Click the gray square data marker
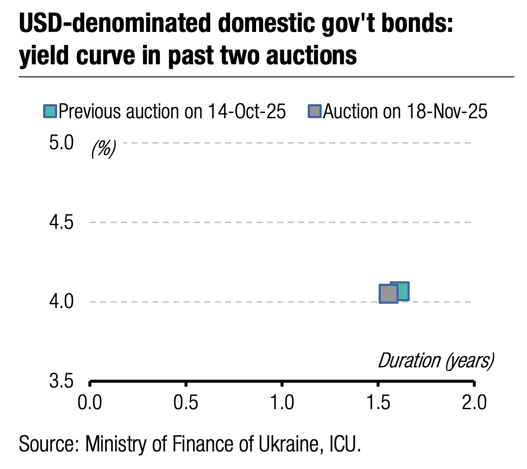point(388,294)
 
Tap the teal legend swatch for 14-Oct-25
point(50,112)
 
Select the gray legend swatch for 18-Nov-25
point(315,112)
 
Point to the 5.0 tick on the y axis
point(60,143)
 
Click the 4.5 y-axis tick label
point(60,222)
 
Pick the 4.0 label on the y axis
point(60,301)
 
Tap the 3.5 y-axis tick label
point(60,382)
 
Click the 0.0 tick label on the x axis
point(90,403)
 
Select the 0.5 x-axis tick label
point(186,403)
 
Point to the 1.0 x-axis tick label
point(282,403)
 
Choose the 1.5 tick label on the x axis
point(378,403)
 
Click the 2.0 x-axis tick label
point(474,403)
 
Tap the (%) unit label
point(104,148)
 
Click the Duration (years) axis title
point(436,361)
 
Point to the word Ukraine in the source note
point(288,444)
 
